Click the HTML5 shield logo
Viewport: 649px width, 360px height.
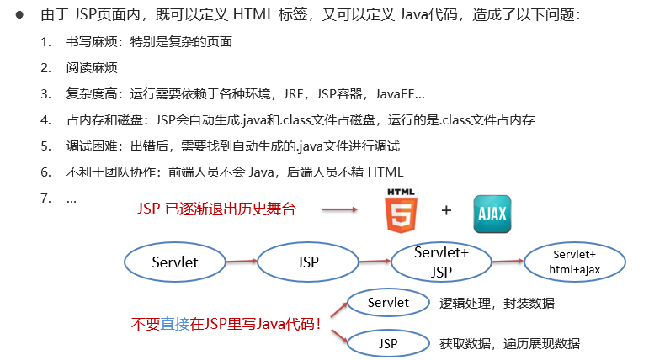click(401, 211)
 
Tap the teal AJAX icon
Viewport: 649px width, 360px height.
click(492, 214)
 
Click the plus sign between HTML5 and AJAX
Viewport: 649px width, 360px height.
click(446, 210)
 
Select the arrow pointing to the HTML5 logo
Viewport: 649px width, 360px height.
click(340, 209)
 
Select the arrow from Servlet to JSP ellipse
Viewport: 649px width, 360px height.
click(242, 261)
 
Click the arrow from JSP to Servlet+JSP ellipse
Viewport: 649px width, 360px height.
click(375, 261)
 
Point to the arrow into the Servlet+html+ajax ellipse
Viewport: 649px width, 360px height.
click(508, 261)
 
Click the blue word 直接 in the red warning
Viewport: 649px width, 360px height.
click(175, 324)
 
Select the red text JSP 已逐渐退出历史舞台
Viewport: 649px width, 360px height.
click(216, 209)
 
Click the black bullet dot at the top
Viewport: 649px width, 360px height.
click(19, 15)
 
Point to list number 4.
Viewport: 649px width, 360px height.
click(45, 120)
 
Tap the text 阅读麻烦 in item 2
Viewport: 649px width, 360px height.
click(92, 68)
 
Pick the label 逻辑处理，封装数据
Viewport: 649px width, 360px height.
click(497, 304)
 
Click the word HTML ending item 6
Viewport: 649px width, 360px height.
click(386, 172)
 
